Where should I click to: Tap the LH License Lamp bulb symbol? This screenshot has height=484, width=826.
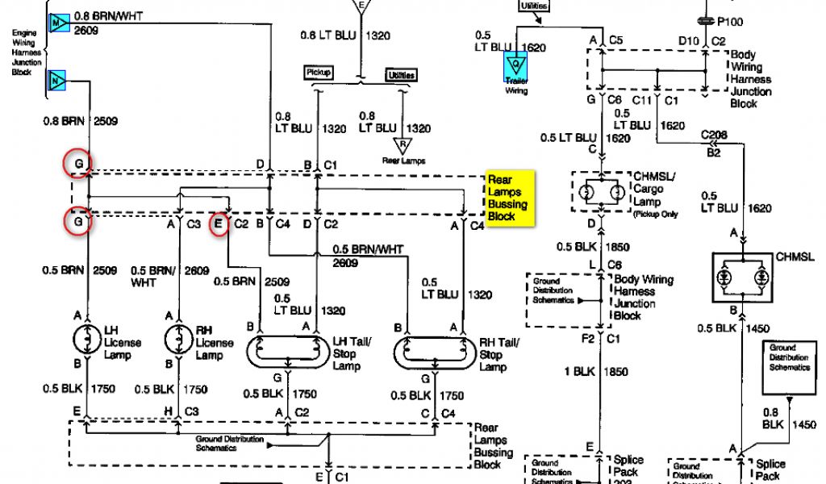click(86, 337)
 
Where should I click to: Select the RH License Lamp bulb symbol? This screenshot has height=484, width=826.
click(173, 337)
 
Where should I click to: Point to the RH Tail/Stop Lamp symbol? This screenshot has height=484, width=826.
click(429, 350)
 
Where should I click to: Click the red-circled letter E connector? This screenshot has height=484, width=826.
click(219, 225)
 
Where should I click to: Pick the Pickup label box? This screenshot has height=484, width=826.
click(317, 73)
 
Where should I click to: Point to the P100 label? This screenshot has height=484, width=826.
click(732, 22)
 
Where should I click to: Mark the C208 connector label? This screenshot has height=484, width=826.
click(715, 136)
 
